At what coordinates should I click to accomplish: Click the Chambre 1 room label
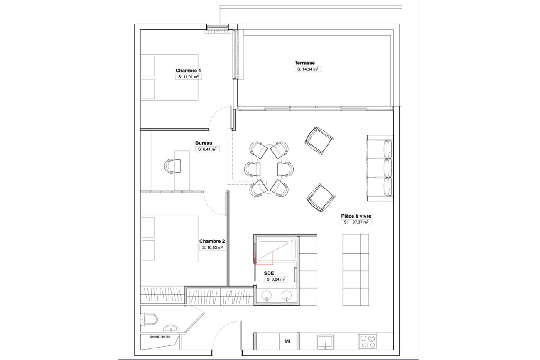click(x=188, y=71)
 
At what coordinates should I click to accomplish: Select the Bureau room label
click(x=204, y=143)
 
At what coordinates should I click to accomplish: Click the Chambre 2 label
click(x=212, y=241)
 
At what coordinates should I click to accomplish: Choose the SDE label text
click(x=269, y=273)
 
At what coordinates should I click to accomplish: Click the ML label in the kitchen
click(x=288, y=341)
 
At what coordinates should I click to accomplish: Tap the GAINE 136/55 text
click(x=160, y=337)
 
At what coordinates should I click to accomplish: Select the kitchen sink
click(x=325, y=342)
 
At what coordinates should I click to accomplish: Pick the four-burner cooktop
click(x=368, y=342)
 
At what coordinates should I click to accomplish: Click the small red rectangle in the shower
click(x=264, y=258)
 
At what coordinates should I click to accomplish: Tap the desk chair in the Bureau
click(x=172, y=166)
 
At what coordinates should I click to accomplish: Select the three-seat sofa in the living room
click(x=380, y=168)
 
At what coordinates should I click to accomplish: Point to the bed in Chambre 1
click(x=169, y=78)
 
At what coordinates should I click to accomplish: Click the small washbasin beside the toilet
click(x=171, y=328)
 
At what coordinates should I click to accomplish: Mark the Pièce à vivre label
click(x=356, y=216)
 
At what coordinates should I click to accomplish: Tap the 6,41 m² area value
click(x=207, y=149)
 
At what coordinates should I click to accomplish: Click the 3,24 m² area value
click(x=276, y=279)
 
